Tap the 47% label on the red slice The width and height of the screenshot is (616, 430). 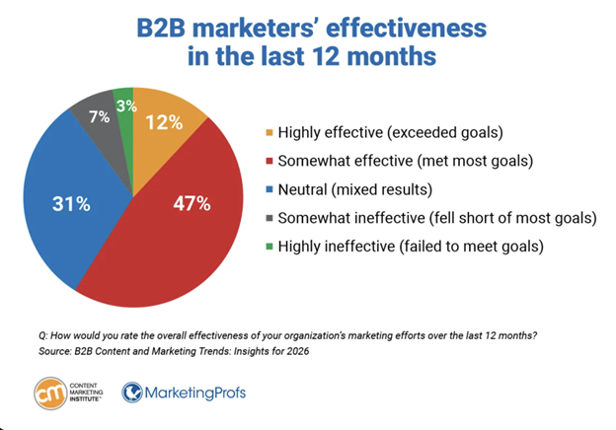point(191,205)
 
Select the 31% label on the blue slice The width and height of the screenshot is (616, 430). point(71,205)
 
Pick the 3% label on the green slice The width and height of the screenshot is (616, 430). point(124,105)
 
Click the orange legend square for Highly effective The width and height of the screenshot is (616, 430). point(271,131)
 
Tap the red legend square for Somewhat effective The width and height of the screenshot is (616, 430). point(271,160)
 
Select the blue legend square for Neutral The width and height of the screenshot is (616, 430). point(271,188)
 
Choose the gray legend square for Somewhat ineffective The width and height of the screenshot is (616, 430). point(271,217)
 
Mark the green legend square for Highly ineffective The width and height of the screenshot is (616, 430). point(271,246)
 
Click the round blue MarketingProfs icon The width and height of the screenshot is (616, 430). point(133,393)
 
